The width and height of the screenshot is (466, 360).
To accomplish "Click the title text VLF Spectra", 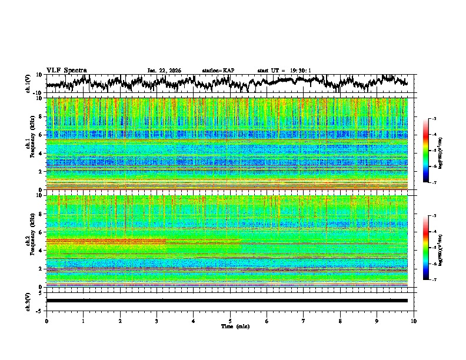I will click(66, 70).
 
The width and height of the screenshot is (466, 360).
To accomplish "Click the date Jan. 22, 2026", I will click(164, 71).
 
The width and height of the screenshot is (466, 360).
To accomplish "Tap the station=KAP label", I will click(218, 71).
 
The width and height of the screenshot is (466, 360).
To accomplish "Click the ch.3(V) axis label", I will click(28, 301).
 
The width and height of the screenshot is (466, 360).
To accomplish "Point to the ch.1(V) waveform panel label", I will click(28, 84).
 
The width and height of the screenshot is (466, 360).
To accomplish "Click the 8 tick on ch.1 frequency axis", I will click(39, 116).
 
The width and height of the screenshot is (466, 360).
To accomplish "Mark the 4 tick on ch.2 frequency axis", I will click(39, 251).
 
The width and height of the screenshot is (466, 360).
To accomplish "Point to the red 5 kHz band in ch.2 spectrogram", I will click(106, 241).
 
